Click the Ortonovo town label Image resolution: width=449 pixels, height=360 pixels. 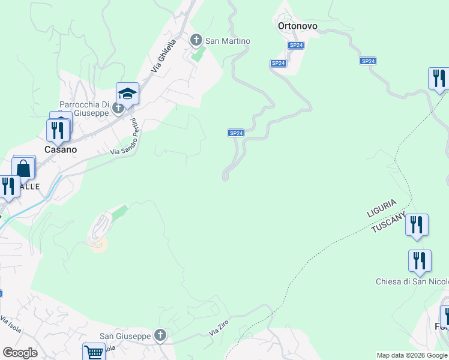(x=297, y=26)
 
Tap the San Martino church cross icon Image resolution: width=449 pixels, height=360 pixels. (x=195, y=41)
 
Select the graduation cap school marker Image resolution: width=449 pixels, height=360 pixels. (x=127, y=94)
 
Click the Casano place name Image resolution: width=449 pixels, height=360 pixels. (x=59, y=149)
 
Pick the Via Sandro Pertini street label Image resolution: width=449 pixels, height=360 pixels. (x=125, y=140)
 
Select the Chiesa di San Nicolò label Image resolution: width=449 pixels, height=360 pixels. (x=412, y=282)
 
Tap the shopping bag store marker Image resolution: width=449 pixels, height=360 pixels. (x=23, y=168)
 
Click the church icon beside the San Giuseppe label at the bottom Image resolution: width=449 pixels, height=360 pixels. (x=160, y=336)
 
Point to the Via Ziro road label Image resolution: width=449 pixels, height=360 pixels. (x=219, y=327)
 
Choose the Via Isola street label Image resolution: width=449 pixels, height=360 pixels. (x=11, y=324)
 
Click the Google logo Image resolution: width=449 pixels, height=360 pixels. (x=20, y=352)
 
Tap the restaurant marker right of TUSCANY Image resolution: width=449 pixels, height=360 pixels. (x=417, y=225)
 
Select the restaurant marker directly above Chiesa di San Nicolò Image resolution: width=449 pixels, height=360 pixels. (x=420, y=261)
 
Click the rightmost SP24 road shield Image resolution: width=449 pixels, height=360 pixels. (x=369, y=61)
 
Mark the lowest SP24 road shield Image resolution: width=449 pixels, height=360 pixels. (x=236, y=133)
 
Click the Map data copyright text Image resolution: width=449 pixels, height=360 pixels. (x=412, y=355)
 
